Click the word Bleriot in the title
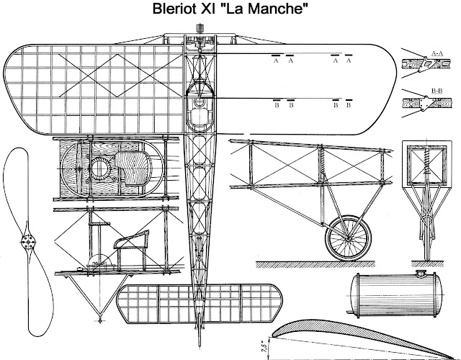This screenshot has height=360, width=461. click(x=178, y=12)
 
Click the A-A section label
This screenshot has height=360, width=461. click(x=437, y=53)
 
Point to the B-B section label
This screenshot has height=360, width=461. click(x=437, y=91)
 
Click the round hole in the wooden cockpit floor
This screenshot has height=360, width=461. click(x=99, y=170)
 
